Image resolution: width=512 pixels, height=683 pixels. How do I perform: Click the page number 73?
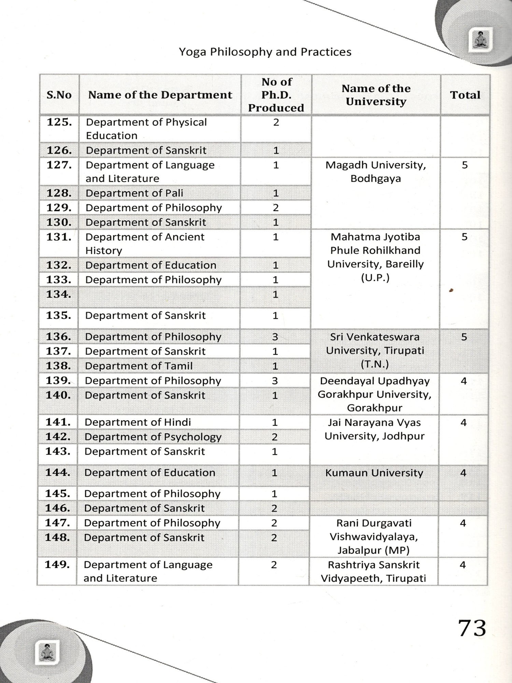(x=472, y=629)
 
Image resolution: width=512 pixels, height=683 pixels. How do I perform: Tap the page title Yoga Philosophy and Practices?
(x=265, y=52)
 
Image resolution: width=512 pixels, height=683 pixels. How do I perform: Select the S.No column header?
(x=59, y=95)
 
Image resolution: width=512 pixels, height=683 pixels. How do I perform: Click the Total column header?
(x=465, y=95)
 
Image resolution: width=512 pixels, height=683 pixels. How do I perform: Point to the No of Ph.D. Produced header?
(x=276, y=95)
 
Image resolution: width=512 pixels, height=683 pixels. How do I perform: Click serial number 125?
(x=59, y=122)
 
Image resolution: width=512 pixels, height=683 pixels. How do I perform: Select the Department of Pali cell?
(x=134, y=193)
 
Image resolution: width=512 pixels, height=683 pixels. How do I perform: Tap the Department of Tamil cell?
(x=139, y=366)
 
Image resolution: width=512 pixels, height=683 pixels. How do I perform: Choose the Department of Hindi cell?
(x=138, y=422)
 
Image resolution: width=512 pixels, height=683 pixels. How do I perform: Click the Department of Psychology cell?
(x=153, y=437)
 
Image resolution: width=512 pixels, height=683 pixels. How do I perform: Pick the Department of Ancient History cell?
(x=145, y=243)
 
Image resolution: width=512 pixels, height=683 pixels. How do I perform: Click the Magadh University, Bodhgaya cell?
(x=375, y=172)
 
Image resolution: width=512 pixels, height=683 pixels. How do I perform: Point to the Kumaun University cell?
(x=374, y=473)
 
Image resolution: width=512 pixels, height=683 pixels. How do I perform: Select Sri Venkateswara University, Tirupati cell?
(x=375, y=350)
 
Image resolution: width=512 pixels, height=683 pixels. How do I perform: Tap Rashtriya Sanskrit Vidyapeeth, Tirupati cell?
(x=373, y=571)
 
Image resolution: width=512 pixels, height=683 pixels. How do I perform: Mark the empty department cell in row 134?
(x=159, y=297)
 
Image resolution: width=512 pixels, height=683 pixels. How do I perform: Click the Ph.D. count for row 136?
(x=275, y=337)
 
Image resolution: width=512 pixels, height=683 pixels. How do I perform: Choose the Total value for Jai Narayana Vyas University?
(x=463, y=423)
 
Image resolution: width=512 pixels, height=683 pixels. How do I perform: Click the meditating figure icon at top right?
(x=481, y=40)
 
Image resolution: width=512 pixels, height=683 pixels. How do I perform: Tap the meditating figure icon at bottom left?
(x=47, y=652)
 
